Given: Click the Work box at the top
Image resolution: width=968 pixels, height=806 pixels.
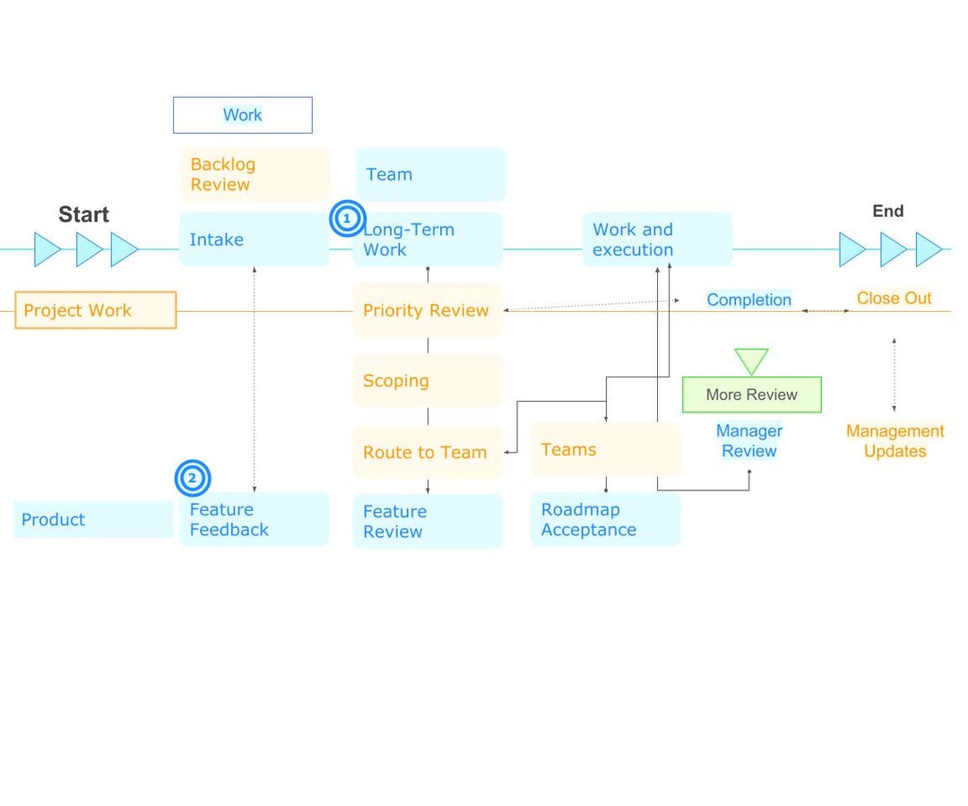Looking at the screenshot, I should tap(242, 115).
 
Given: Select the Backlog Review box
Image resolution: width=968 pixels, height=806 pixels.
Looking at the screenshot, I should tap(255, 174).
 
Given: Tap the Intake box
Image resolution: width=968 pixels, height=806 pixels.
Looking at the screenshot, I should tap(255, 239).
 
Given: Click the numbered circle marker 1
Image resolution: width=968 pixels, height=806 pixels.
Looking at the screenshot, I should tap(347, 219).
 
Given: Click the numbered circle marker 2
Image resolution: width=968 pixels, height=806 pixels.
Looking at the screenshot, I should tap(192, 478).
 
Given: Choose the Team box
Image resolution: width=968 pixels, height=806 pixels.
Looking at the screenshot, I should tap(430, 174).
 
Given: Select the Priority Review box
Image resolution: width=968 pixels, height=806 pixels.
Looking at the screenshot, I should tap(428, 310).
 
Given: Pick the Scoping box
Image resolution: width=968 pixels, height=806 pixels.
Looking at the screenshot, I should tap(428, 380).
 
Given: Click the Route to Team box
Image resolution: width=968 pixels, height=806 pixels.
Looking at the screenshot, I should tap(428, 452).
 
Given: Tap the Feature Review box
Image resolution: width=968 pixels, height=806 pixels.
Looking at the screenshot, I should tap(428, 521).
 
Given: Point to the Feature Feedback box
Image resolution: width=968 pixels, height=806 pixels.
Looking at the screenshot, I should tap(255, 519).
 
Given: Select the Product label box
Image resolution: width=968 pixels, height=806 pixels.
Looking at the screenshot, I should tap(93, 519).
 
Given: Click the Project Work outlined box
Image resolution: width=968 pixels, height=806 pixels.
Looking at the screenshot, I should tap(96, 310).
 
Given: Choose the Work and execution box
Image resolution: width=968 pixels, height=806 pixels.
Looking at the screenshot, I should tap(657, 239).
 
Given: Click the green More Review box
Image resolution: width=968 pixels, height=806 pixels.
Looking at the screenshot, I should tap(751, 394).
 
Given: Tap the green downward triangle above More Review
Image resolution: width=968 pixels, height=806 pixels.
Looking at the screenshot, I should tap(751, 360).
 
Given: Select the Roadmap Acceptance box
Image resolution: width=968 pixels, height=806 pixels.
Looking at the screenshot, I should tap(605, 519).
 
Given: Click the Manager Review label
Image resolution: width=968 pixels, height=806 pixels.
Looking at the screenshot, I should tap(749, 441).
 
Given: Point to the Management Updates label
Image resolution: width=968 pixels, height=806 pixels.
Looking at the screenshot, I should tap(895, 441).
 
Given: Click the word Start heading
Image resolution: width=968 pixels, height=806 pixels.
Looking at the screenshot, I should tap(83, 214).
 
